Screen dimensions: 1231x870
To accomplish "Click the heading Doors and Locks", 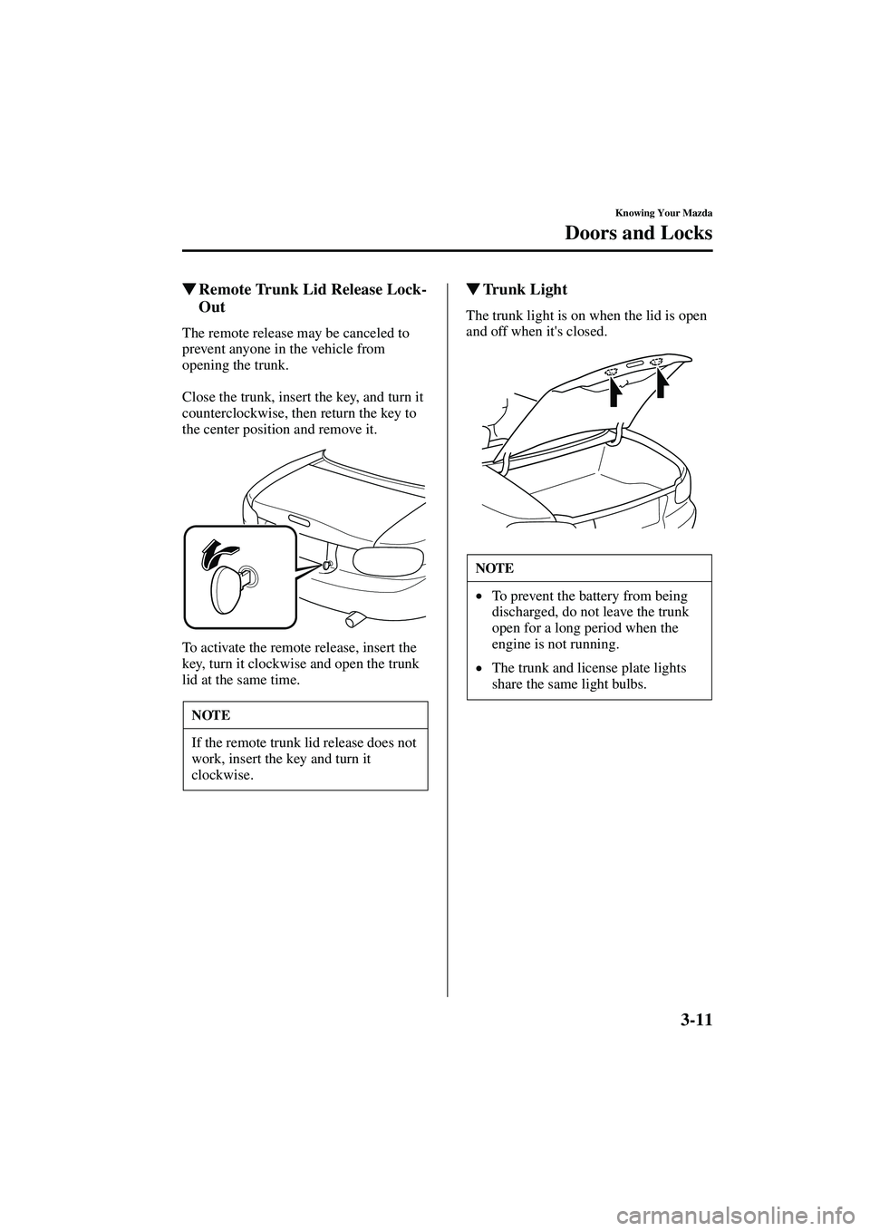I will point(639,233).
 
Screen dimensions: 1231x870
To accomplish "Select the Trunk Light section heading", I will point(525,290).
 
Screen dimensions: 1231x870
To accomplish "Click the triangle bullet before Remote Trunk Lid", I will point(188,290).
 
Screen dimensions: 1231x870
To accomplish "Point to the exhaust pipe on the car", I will point(354,619).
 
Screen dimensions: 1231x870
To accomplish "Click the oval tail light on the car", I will point(387,561).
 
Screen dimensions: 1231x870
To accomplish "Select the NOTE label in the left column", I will point(211,715).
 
